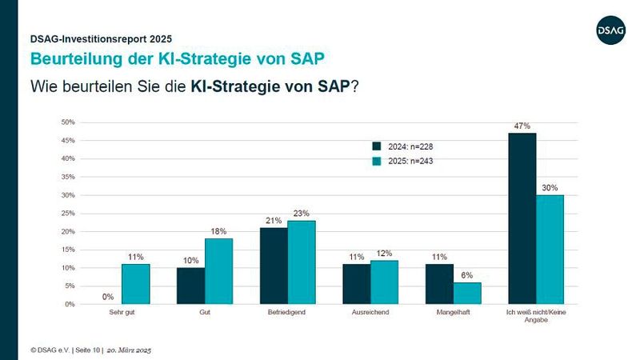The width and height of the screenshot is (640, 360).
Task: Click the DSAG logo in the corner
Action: coord(609,30)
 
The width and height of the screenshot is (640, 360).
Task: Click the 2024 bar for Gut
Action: coord(190,286)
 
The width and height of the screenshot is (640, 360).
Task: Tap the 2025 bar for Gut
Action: coord(218,271)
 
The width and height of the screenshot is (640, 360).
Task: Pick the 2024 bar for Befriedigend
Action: coord(274,266)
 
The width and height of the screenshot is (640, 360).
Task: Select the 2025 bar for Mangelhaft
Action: coord(468,293)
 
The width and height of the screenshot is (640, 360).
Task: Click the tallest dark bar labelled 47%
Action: coord(522,218)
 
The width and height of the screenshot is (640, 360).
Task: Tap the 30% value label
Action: coord(550,188)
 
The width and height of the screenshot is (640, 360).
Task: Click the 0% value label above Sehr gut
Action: coord(107,297)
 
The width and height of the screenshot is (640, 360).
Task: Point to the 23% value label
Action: coord(301,214)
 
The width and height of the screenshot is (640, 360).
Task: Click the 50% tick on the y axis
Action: coord(68,122)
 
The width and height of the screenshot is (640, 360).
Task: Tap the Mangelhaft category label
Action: coord(454,312)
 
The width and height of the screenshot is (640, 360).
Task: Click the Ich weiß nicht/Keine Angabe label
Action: coord(536,316)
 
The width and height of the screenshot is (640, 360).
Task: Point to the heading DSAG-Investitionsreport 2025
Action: coord(100,38)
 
